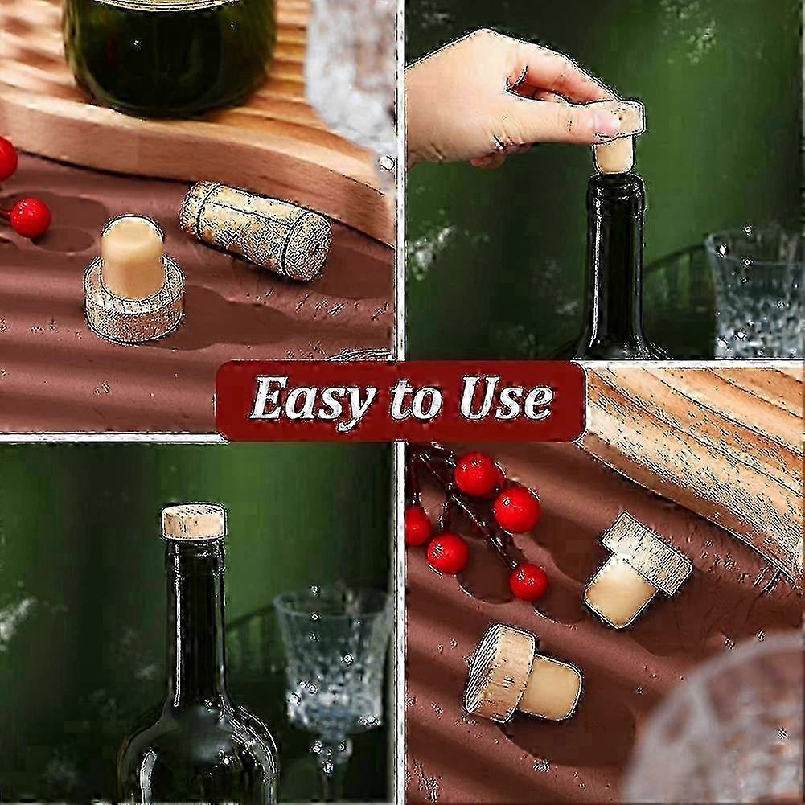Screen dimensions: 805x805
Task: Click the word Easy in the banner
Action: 311,400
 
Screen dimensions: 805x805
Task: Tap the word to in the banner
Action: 416,400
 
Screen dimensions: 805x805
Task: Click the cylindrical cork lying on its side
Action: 255,231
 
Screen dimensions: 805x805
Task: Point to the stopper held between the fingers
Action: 618,137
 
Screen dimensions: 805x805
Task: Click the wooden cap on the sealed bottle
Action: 194,521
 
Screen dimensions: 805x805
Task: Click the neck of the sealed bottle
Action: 195,611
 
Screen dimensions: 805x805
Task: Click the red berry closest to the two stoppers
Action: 528,581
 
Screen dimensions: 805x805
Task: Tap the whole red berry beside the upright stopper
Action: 31,218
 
